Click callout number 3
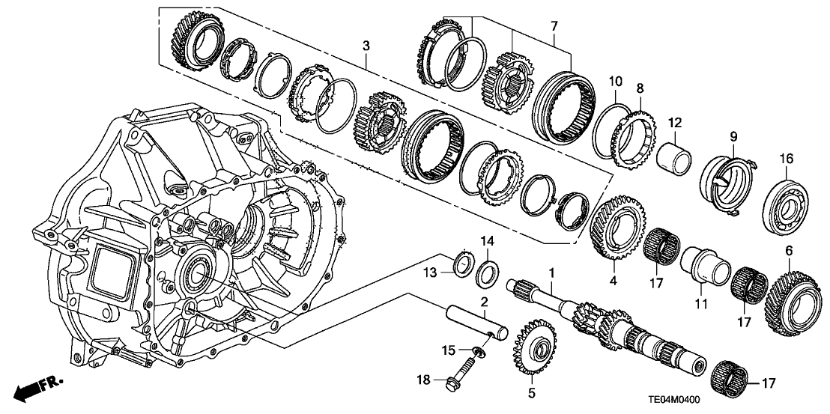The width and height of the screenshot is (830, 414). point(366,46)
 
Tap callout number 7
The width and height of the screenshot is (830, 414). point(554,27)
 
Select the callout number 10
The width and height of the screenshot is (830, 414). point(615,80)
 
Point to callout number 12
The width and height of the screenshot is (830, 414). point(674,122)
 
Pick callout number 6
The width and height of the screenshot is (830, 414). point(789,250)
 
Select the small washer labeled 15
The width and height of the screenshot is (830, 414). point(476,350)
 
